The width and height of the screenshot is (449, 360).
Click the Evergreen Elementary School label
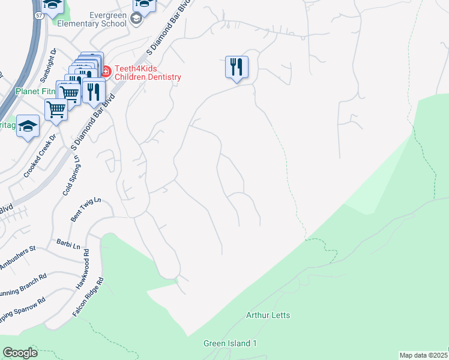92,19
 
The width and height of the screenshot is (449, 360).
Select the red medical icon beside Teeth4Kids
105,72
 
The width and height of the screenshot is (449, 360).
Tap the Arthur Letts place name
268,315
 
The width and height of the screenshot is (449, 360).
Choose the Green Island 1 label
230,343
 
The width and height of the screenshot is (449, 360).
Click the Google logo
20,353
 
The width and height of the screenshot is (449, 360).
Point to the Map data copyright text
424,355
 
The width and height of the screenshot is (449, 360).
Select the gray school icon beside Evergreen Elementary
136,19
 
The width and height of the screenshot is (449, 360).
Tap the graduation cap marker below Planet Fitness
28,126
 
